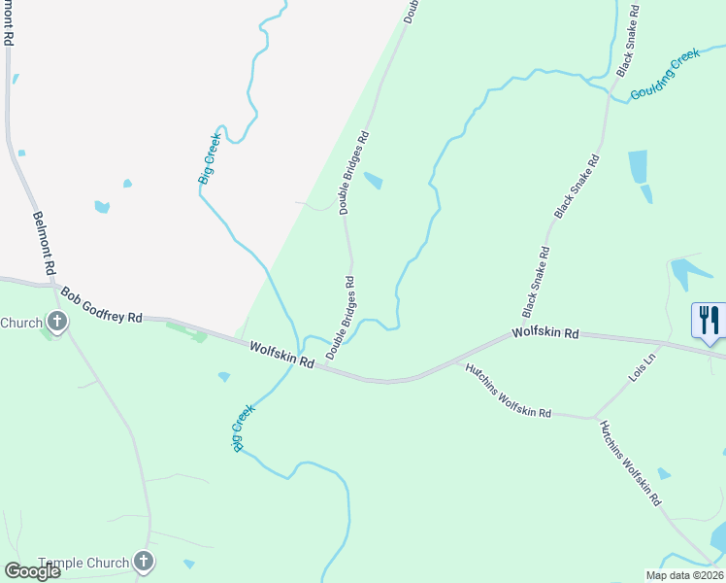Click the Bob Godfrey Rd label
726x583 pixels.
click(101, 304)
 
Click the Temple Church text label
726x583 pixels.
click(83, 563)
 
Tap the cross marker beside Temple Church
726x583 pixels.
click(144, 561)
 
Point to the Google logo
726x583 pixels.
click(32, 570)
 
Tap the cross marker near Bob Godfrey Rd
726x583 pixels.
click(56, 322)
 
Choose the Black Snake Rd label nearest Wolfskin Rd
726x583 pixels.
click(537, 282)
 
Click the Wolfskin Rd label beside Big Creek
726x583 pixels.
click(281, 354)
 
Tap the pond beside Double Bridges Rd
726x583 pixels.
click(373, 181)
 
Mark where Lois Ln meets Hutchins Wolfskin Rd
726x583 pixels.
click(593, 418)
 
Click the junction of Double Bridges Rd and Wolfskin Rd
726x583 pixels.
click(332, 370)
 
